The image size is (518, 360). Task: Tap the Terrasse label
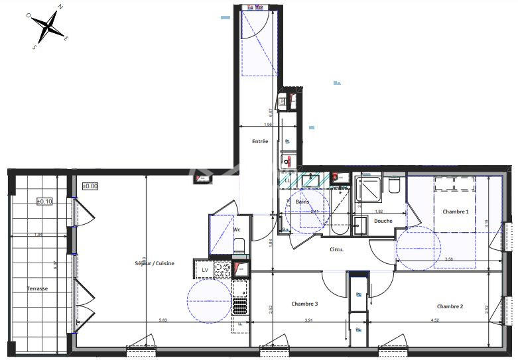coord(37,288)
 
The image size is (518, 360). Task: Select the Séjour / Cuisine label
coord(155,263)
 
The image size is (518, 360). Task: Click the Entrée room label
coord(260,141)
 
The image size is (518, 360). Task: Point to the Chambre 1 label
coord(455,211)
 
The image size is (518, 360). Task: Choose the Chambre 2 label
coord(450,306)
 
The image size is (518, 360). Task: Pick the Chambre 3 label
coord(304,304)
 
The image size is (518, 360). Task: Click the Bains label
coord(302,202)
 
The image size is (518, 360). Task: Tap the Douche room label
coord(383,221)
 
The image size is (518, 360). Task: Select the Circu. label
coord(338,249)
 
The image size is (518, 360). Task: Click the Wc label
coord(236,229)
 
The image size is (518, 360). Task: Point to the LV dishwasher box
coord(205,269)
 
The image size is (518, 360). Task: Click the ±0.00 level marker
coord(90,186)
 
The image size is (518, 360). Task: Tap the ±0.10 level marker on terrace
coord(44,201)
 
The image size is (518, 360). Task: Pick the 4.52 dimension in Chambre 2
coord(434,321)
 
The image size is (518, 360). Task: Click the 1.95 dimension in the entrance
coord(268,125)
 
